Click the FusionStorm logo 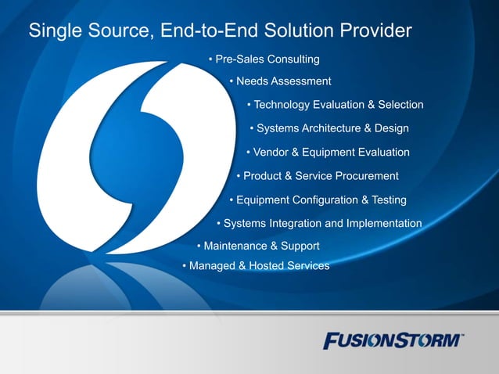pyautogui.click(x=393, y=340)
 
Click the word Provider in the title pyautogui.click(x=374, y=31)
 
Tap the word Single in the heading pyautogui.click(x=52, y=31)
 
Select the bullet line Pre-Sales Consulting pyautogui.click(x=264, y=59)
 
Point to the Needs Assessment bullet pyautogui.click(x=281, y=81)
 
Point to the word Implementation pyautogui.click(x=385, y=224)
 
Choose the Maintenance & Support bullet pyautogui.click(x=259, y=246)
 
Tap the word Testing pyautogui.click(x=389, y=200)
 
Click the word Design pyautogui.click(x=390, y=128)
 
